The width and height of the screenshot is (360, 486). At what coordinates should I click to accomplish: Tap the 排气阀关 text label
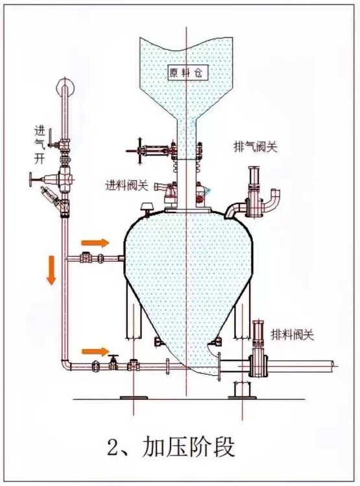tap(255, 146)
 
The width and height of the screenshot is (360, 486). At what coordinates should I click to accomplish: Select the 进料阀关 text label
tap(127, 186)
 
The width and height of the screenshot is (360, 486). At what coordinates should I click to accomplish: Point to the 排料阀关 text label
tap(293, 335)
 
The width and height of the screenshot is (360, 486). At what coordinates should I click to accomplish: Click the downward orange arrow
tap(51, 270)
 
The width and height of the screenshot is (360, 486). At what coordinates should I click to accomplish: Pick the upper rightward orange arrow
tap(95, 243)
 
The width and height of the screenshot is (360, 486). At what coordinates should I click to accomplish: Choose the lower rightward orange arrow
tap(95, 351)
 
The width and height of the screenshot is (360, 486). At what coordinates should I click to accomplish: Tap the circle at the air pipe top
tap(65, 87)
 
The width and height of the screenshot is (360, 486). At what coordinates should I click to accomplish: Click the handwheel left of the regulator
tap(31, 179)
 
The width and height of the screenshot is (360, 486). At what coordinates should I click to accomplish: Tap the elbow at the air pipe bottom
tap(66, 364)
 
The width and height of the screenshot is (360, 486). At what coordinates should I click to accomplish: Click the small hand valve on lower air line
tap(114, 362)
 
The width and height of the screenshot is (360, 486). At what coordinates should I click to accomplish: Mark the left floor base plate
tap(133, 397)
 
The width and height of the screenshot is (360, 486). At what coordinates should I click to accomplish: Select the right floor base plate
tap(242, 397)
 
